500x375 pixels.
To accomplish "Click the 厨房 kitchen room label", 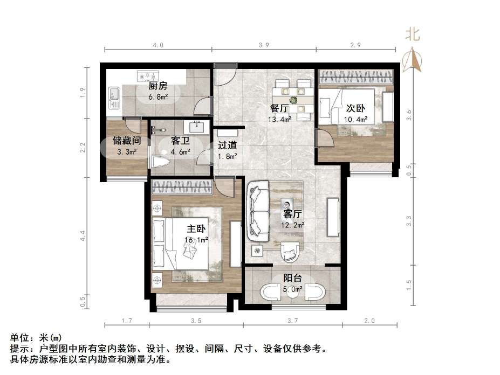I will click(158, 87).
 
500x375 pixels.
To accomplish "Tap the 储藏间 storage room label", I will click(126, 141).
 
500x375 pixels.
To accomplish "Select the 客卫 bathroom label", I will click(180, 141).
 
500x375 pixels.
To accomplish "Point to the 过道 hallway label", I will click(227, 145).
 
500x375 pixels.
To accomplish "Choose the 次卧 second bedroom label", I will click(356, 108).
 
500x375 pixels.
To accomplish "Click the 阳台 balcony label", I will click(293, 278).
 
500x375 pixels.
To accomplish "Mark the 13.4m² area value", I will click(280, 119).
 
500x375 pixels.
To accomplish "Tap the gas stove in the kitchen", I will click(146, 75).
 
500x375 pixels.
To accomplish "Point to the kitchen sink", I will click(114, 98).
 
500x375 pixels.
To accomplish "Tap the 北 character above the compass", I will click(413, 34).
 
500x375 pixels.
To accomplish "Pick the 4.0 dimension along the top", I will click(157, 45).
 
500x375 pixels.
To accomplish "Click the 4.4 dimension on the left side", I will click(83, 235).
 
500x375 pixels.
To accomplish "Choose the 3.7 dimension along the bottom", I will click(292, 321).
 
